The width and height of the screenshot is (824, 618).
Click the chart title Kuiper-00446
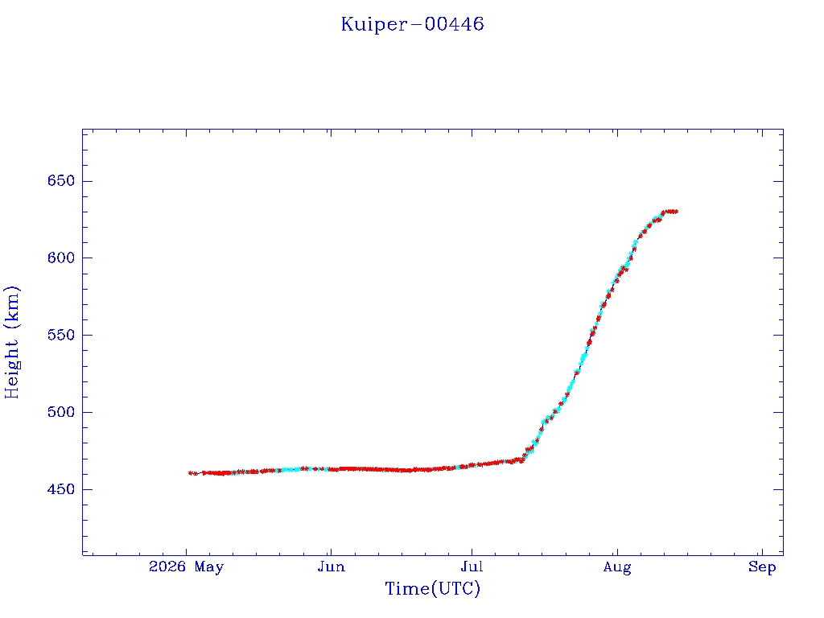(x=413, y=24)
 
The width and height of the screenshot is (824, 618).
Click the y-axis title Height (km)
(x=11, y=342)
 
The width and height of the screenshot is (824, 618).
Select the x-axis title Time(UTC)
(x=432, y=588)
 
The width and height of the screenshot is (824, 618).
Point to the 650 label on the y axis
(x=61, y=181)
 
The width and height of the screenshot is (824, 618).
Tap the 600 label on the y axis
(x=61, y=258)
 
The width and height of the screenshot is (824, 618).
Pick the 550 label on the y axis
(x=61, y=336)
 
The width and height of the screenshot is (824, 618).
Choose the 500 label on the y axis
(x=61, y=412)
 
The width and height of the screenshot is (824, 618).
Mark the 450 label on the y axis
(x=61, y=489)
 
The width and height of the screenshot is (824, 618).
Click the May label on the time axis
(x=209, y=567)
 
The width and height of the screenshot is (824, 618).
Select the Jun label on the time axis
(x=331, y=567)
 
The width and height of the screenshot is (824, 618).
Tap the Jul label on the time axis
(x=472, y=567)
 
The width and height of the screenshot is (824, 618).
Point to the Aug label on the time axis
(x=617, y=567)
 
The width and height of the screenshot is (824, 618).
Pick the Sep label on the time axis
(x=762, y=567)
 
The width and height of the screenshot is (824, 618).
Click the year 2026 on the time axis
(x=167, y=567)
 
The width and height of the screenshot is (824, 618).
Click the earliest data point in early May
(x=190, y=473)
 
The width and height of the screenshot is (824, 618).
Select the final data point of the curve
(x=675, y=212)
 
